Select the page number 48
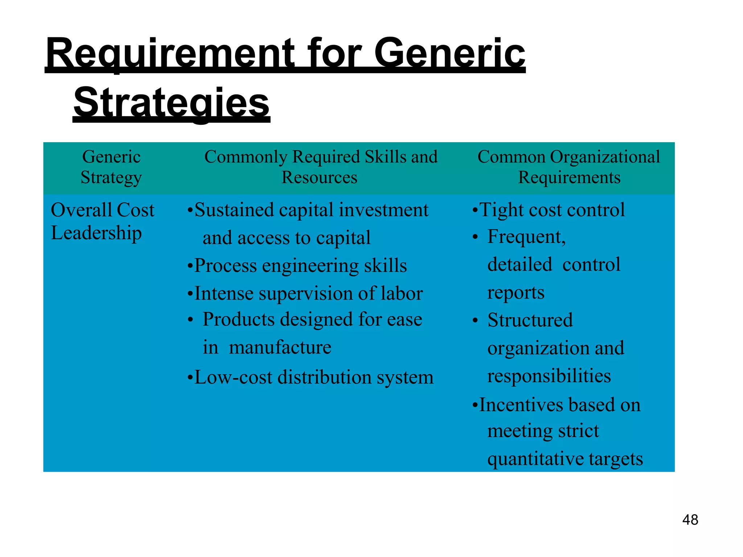690,520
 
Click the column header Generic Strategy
111,167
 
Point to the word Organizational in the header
605,157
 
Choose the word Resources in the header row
319,178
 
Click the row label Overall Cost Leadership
103,221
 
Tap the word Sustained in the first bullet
234,210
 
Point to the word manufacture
280,347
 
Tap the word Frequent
526,237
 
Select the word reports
516,293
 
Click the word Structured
530,320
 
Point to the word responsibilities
549,376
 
